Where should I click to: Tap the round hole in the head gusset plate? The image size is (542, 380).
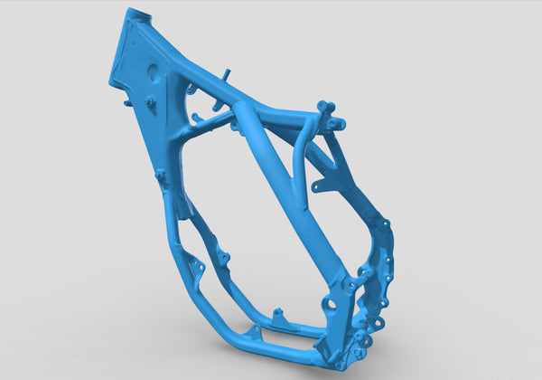click(153, 71)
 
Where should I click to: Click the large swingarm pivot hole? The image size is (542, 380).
click(332, 304)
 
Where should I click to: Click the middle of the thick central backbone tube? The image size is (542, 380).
click(289, 199)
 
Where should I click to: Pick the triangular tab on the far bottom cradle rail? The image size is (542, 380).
click(279, 316)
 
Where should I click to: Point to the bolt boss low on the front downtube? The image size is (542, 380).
click(161, 174)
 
